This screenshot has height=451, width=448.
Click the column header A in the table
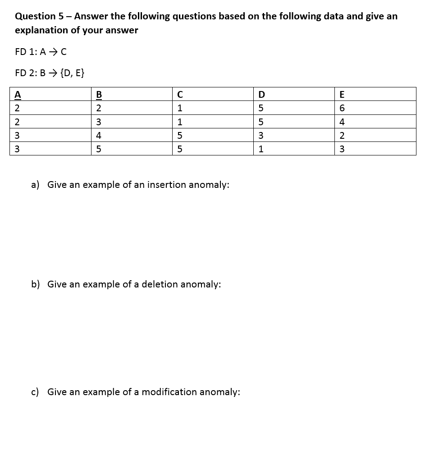pyautogui.click(x=18, y=95)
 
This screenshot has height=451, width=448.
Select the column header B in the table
pyautogui.click(x=99, y=95)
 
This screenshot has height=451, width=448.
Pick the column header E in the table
pyautogui.click(x=342, y=95)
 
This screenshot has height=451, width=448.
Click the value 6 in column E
pyautogui.click(x=342, y=108)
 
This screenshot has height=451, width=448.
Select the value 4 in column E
pyautogui.click(x=342, y=122)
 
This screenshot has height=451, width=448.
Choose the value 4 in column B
pyautogui.click(x=99, y=136)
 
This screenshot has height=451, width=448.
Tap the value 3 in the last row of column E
pyautogui.click(x=342, y=149)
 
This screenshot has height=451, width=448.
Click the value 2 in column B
pyautogui.click(x=99, y=108)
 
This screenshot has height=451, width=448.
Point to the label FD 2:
pyautogui.click(x=26, y=73)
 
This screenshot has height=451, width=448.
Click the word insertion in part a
pyautogui.click(x=167, y=185)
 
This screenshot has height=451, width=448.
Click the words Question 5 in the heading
pyautogui.click(x=39, y=16)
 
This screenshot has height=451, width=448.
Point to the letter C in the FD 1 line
pyautogui.click(x=64, y=52)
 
